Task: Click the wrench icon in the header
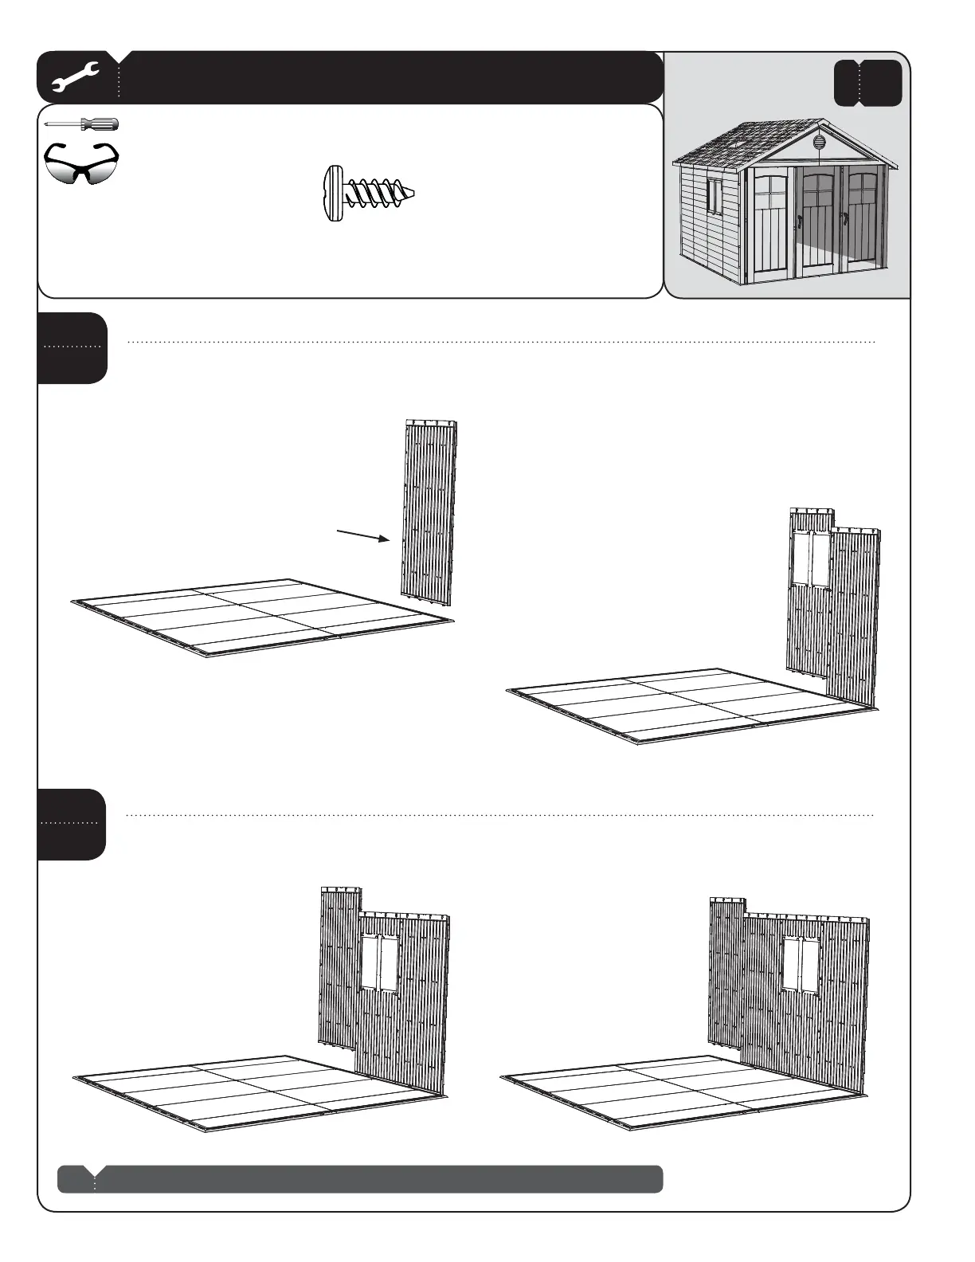(x=75, y=77)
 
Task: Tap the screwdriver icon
(x=81, y=124)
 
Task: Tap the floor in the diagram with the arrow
(x=263, y=616)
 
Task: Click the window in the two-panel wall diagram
(x=811, y=558)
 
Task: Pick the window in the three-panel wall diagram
(x=380, y=963)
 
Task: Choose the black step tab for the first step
(x=72, y=347)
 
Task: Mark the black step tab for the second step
(x=72, y=824)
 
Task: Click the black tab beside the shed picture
(x=867, y=83)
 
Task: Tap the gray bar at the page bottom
(x=360, y=1178)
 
